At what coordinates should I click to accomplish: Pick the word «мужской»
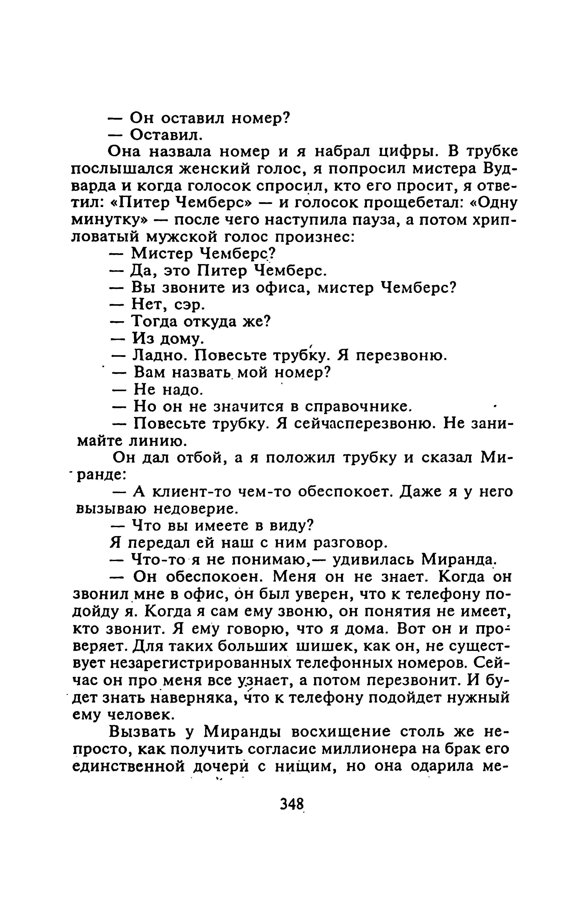coord(181,237)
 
